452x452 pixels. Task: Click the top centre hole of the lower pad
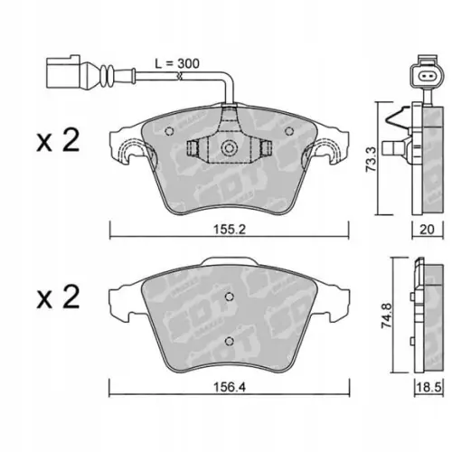pyautogui.click(x=228, y=275)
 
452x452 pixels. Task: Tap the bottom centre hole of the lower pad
pyautogui.click(x=228, y=340)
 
